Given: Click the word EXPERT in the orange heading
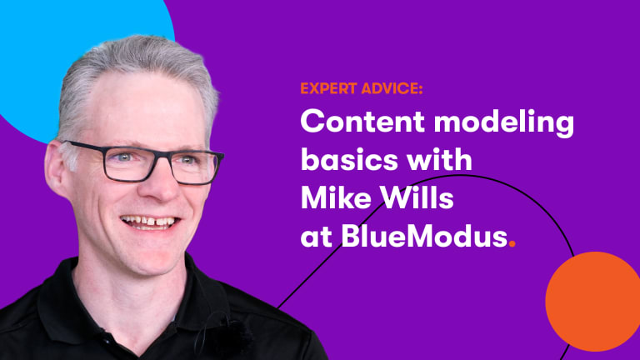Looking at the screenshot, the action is (328, 88).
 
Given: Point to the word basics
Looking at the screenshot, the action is (349, 159).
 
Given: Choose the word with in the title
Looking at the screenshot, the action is (439, 159).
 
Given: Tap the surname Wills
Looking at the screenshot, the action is (417, 198).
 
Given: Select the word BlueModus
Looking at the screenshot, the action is (424, 236).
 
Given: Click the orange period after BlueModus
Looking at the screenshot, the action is (512, 244).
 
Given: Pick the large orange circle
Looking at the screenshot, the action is (592, 301).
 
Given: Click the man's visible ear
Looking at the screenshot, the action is (57, 167).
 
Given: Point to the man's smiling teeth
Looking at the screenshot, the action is (150, 222).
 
